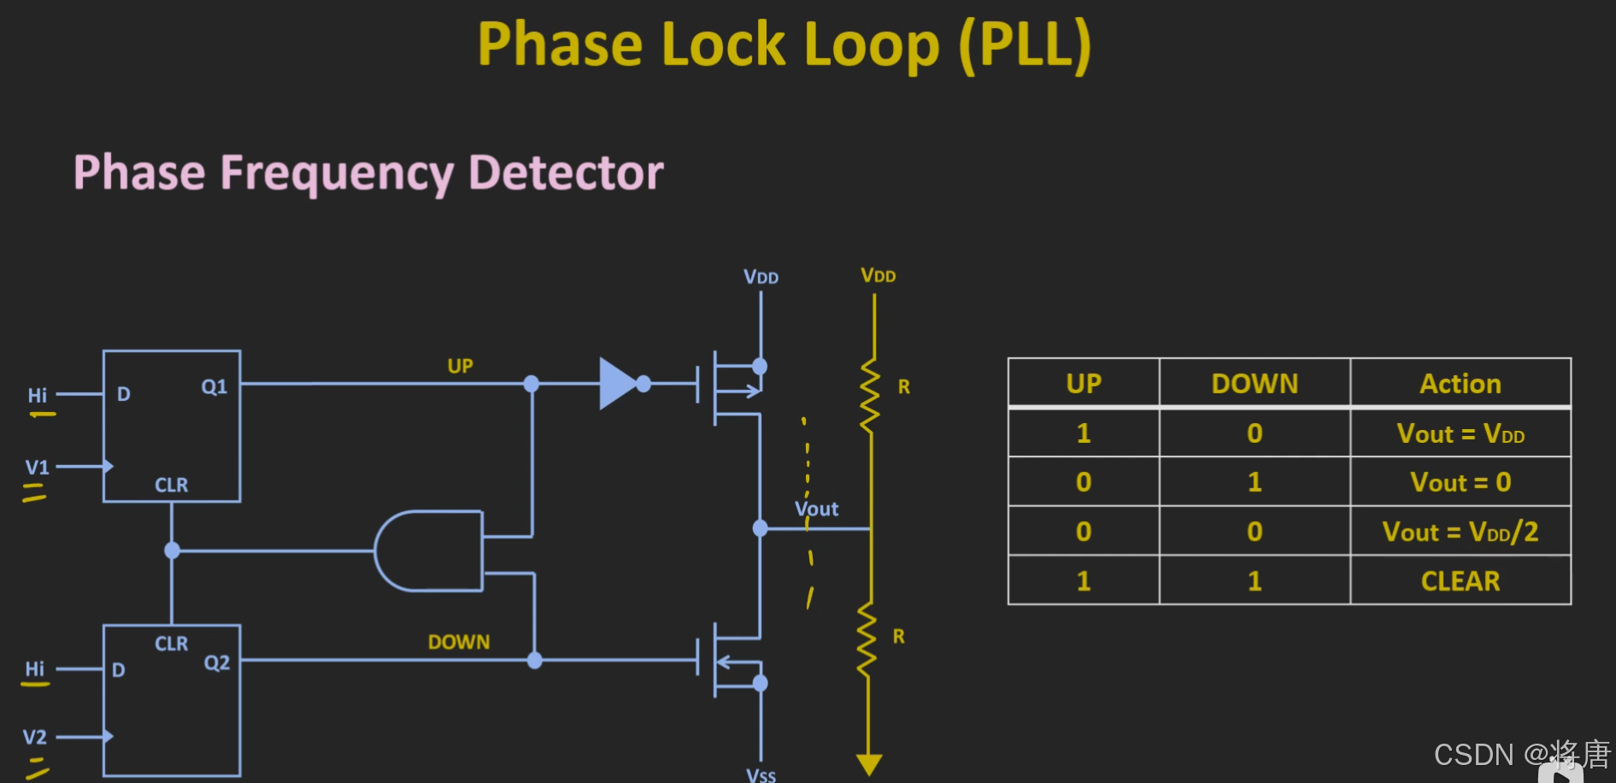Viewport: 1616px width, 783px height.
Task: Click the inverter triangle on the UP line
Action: pyautogui.click(x=618, y=384)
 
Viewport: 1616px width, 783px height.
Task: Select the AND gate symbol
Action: pyautogui.click(x=428, y=551)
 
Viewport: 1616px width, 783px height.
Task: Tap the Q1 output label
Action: pyautogui.click(x=214, y=387)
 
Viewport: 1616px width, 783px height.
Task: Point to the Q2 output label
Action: pyautogui.click(x=217, y=663)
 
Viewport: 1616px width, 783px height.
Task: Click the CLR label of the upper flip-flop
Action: pyautogui.click(x=172, y=485)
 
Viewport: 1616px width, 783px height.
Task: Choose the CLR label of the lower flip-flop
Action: pyautogui.click(x=172, y=644)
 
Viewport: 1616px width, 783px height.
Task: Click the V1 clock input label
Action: pyautogui.click(x=37, y=468)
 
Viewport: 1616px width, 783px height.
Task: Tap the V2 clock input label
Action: pyautogui.click(x=34, y=737)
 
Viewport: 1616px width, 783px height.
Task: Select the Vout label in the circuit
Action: pyautogui.click(x=816, y=509)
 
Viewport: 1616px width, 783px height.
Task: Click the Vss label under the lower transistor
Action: pyautogui.click(x=761, y=775)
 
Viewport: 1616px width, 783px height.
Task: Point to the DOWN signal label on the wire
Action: pyautogui.click(x=459, y=642)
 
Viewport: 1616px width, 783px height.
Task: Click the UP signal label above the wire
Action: pyautogui.click(x=461, y=366)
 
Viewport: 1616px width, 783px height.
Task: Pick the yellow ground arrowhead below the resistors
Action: pyautogui.click(x=869, y=764)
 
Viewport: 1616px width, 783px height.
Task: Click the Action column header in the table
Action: pyautogui.click(x=1460, y=384)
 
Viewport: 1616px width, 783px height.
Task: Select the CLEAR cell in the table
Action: pyautogui.click(x=1460, y=581)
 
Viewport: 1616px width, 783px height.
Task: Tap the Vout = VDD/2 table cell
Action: pyautogui.click(x=1460, y=532)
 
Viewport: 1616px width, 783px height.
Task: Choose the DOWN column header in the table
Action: pyautogui.click(x=1255, y=384)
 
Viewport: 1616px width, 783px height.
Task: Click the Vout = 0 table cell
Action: pyautogui.click(x=1460, y=482)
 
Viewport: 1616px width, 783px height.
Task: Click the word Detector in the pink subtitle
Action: pyautogui.click(x=566, y=173)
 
